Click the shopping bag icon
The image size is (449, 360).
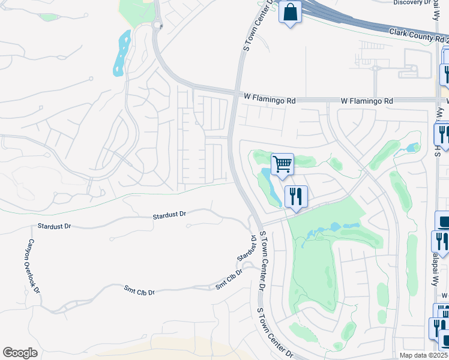290,12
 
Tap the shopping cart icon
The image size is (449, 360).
282,163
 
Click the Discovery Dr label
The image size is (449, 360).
412,3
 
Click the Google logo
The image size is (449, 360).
20,353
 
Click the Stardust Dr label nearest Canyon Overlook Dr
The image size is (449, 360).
54,226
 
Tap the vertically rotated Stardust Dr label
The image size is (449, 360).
246,250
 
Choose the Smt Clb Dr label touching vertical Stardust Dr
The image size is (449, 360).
229,280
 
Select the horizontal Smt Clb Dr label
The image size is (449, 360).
139,292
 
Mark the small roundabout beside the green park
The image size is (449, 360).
157,25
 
